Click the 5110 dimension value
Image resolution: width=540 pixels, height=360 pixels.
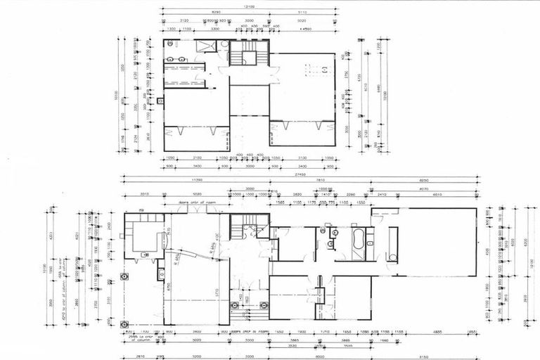pos(302,13)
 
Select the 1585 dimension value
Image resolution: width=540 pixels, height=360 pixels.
pos(281,202)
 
